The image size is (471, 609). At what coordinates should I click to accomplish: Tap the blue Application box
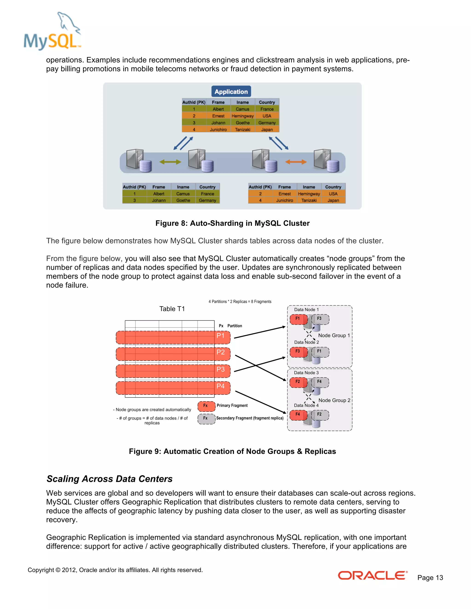point(231,91)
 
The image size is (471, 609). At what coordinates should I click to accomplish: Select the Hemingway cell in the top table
point(242,116)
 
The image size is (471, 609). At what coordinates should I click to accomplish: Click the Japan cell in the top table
point(267,129)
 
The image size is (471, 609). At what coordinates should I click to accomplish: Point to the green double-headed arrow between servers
point(170,162)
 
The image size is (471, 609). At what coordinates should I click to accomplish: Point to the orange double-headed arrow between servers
point(296,162)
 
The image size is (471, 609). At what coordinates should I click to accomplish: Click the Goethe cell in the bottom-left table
point(183,200)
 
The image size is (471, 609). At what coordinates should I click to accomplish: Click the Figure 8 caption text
point(233,223)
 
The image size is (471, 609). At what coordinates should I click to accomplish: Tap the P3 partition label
point(220,369)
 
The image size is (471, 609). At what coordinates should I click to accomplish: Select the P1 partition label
point(220,336)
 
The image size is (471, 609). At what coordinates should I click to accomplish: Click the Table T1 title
point(172,309)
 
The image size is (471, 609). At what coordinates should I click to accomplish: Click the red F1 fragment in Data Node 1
point(298,319)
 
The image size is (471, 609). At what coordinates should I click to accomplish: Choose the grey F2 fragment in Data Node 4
point(320,415)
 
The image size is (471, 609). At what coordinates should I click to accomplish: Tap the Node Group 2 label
point(334,400)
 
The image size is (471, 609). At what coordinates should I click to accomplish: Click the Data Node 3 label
point(306,373)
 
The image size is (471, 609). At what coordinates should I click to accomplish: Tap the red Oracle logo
point(373,575)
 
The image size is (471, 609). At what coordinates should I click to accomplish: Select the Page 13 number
point(430,578)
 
